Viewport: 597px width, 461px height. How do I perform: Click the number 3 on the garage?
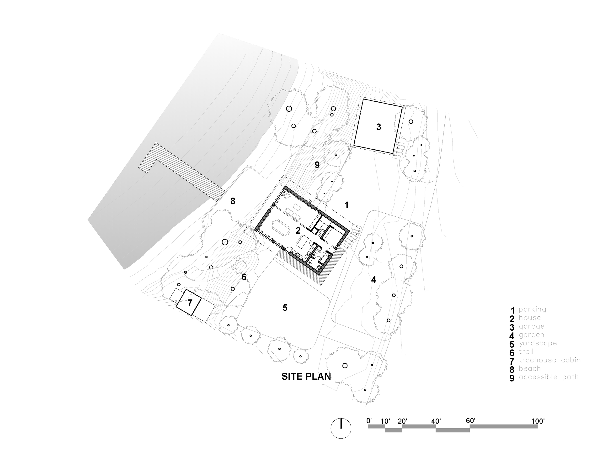click(378, 127)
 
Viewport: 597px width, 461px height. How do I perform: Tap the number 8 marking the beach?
click(233, 201)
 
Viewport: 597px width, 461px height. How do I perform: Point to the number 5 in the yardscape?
click(285, 308)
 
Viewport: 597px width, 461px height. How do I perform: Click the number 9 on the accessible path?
click(317, 165)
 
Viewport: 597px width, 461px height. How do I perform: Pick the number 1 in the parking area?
click(346, 205)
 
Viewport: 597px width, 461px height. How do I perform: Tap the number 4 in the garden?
click(374, 280)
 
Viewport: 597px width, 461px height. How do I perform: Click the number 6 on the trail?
click(244, 277)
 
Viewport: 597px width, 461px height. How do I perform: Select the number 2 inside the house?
click(298, 231)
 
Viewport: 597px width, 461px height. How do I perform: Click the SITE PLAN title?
click(306, 377)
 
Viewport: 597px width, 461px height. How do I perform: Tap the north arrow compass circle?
click(341, 428)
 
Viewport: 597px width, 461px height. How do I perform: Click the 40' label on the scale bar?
click(436, 421)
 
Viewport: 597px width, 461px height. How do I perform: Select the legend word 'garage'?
click(531, 326)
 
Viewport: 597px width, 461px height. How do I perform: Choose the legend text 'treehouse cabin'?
click(549, 360)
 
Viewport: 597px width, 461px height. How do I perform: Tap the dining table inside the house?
click(281, 227)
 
